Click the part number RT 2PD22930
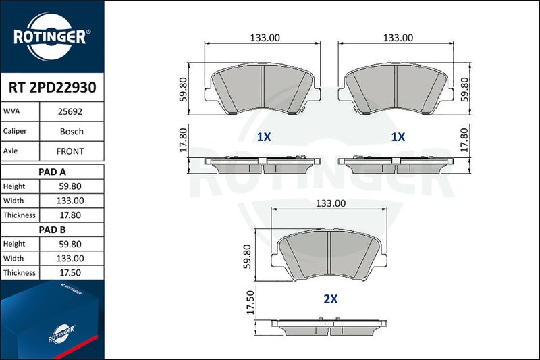click(x=53, y=88)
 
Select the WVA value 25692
click(x=70, y=111)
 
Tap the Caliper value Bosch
click(x=72, y=132)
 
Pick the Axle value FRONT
click(x=70, y=151)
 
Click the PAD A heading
click(x=53, y=172)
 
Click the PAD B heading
click(x=53, y=230)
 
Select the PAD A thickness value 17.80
click(x=70, y=215)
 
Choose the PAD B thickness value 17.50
click(x=70, y=273)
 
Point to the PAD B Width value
click(x=70, y=259)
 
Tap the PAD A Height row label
click(x=14, y=186)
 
